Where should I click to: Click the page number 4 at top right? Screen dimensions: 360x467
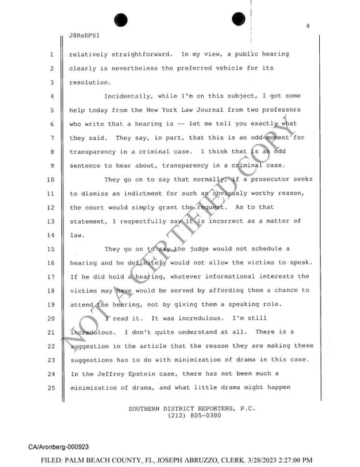click(308, 26)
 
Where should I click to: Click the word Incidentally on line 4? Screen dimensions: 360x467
click(130, 96)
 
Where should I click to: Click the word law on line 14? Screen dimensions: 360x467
click(77, 235)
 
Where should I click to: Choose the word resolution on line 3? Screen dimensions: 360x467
click(88, 82)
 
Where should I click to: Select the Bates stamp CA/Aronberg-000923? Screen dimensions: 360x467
click(58, 447)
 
